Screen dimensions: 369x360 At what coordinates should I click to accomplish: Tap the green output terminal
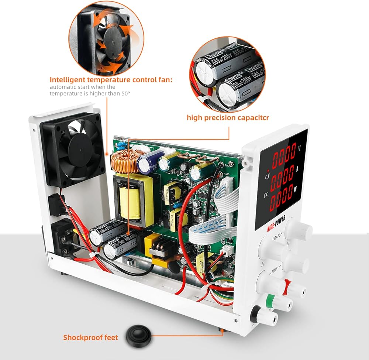pos(279,303)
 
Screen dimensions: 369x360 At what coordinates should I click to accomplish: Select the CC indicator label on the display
pos(266,195)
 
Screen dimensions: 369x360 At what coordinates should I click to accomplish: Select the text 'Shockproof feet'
pos(90,337)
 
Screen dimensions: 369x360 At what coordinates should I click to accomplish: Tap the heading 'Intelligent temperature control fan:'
pos(111,79)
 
